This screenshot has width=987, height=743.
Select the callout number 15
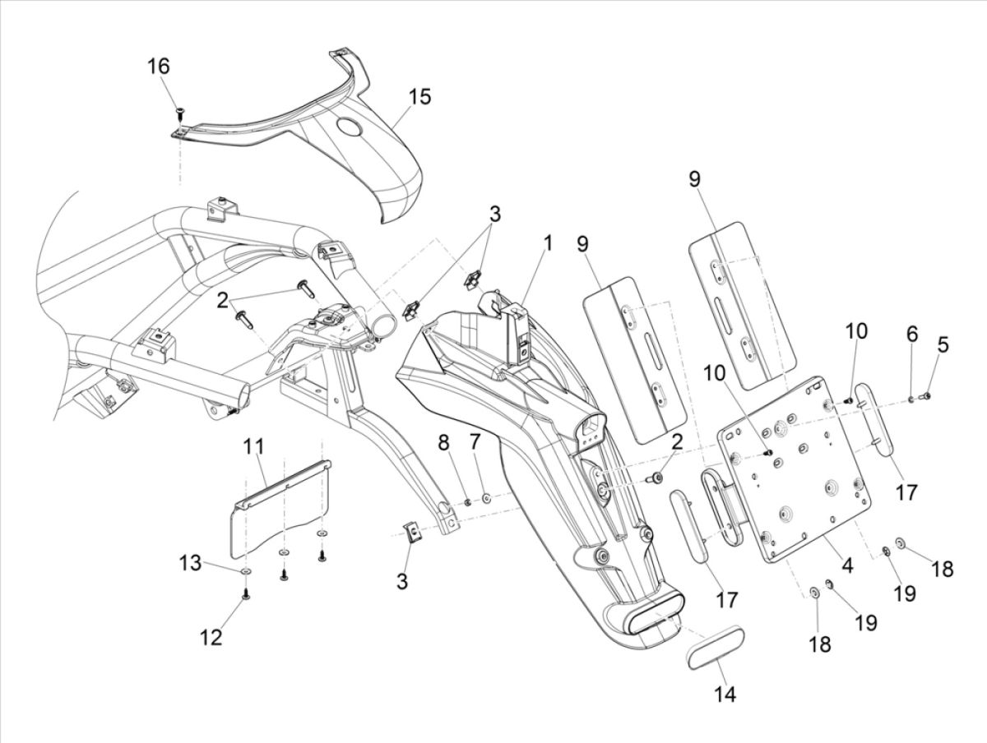click(x=418, y=97)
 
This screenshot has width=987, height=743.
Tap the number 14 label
click(x=725, y=694)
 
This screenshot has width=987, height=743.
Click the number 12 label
click(x=212, y=637)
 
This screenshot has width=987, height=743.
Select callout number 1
click(x=548, y=244)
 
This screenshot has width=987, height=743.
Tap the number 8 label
click(x=444, y=443)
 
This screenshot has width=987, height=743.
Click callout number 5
click(x=943, y=344)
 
